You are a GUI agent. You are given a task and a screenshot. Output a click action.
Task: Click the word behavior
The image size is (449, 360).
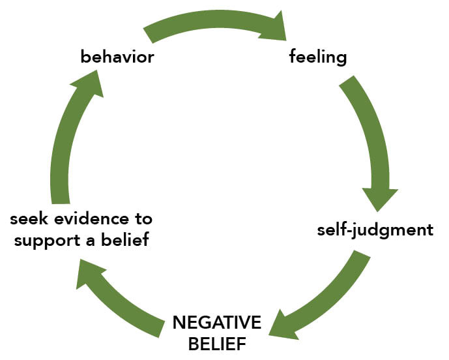[117, 57]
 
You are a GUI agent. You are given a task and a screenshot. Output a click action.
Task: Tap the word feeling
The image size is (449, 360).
[318, 57]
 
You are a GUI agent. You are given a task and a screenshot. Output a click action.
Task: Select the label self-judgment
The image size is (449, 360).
[375, 230]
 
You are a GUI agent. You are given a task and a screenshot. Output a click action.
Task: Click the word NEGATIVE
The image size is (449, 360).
[217, 322]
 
